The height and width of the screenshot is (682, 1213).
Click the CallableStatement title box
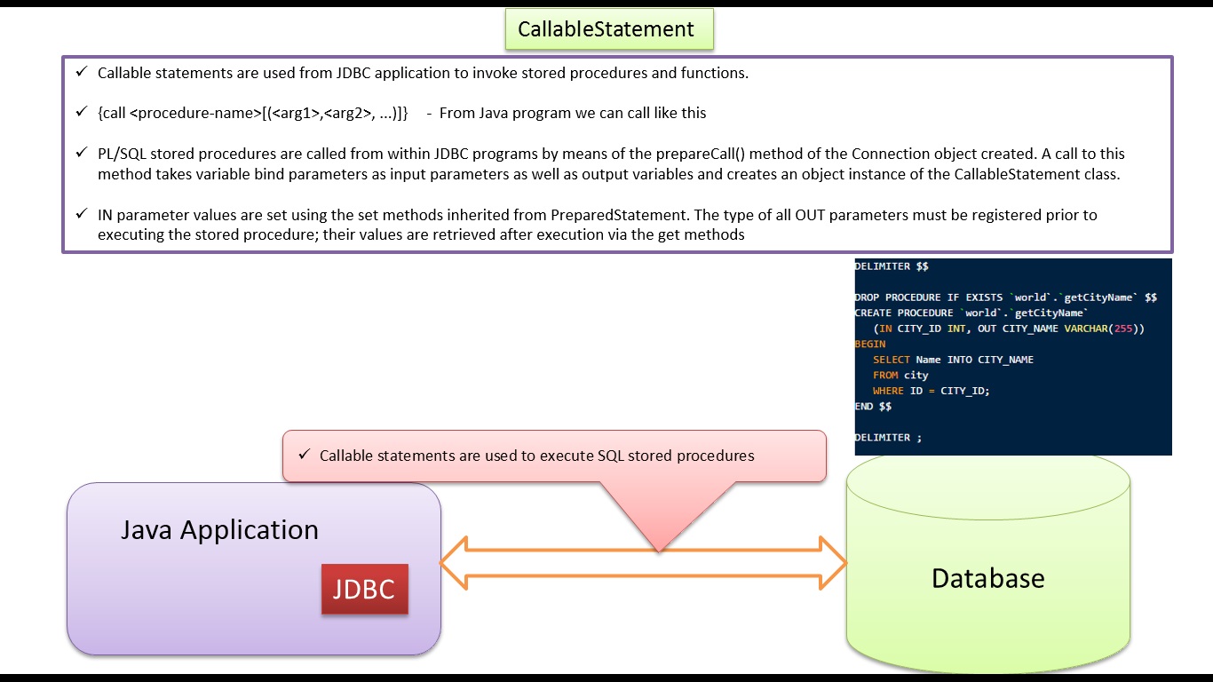point(609,29)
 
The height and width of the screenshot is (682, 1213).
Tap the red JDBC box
point(365,589)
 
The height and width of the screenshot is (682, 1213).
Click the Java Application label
point(219,530)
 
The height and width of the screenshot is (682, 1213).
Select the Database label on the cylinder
point(987,578)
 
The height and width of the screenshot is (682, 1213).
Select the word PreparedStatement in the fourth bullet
point(619,215)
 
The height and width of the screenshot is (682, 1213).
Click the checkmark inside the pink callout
point(304,454)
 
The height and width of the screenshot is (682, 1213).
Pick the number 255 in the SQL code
point(1123,329)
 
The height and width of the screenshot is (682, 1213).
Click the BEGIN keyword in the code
point(870,344)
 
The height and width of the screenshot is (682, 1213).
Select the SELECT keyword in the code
point(892,360)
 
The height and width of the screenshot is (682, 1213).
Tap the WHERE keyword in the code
point(888,391)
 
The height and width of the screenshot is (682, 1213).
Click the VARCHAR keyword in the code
point(1086,329)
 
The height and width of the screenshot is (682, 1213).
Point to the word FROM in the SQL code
point(885,375)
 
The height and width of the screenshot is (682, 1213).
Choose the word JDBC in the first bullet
point(353,73)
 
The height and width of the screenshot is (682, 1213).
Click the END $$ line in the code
point(873,407)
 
